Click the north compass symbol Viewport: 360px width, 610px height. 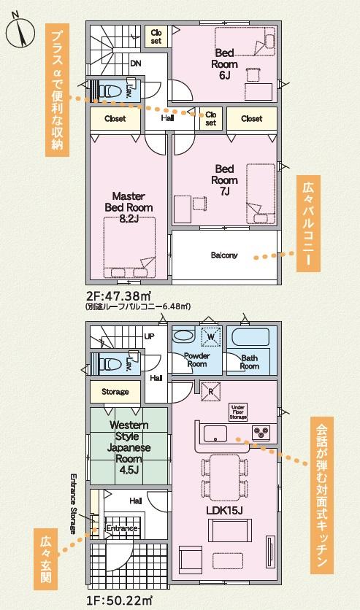tap(20, 32)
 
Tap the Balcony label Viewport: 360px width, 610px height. tap(223, 255)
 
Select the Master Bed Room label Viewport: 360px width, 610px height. tap(129, 207)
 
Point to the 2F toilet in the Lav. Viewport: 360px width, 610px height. tap(109, 90)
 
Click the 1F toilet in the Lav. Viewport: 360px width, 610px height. tap(109, 365)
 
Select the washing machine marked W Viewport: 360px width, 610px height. tap(210, 336)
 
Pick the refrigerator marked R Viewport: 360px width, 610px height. tap(210, 391)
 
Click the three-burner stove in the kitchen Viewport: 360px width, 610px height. tap(261, 431)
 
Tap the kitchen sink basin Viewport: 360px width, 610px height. tap(215, 433)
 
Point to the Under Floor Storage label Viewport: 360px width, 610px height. tap(238, 412)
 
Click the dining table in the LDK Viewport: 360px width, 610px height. tap(225, 477)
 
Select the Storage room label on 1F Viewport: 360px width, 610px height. tap(115, 392)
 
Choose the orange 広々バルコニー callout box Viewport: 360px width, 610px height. tap(308, 223)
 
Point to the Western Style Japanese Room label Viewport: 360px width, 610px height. tap(129, 447)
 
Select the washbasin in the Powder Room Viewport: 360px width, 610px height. tap(183, 336)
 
